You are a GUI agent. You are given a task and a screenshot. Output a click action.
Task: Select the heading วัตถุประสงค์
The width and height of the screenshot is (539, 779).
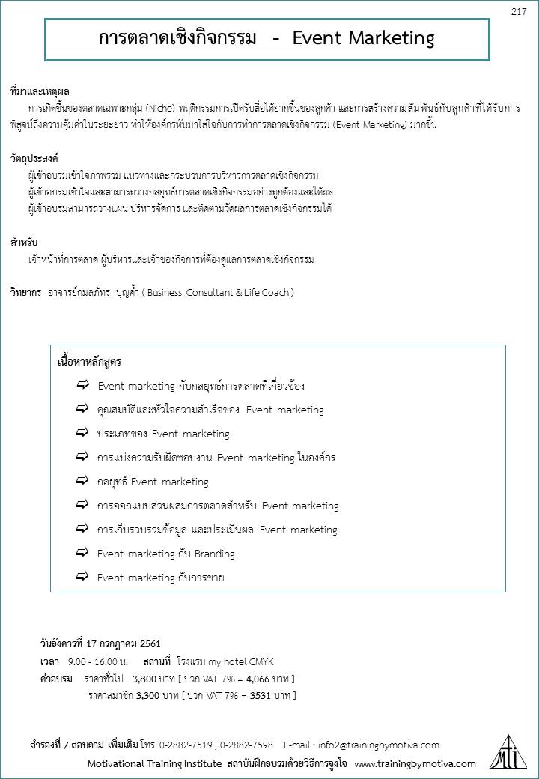34,159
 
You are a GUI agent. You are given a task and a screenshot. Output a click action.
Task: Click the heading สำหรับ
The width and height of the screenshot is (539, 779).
24,242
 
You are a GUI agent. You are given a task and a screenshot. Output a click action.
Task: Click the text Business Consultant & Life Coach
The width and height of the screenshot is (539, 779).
217,292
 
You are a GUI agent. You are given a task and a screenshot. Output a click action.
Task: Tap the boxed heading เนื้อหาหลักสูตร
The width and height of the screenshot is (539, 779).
89,362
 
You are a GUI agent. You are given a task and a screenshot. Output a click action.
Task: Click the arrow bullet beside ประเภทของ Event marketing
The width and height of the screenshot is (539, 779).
82,433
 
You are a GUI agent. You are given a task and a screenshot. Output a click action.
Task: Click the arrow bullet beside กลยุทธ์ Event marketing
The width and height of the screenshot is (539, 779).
82,481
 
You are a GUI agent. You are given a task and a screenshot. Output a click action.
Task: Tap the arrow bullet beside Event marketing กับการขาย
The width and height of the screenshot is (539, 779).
82,577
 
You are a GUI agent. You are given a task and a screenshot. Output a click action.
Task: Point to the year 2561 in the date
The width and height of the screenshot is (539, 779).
149,643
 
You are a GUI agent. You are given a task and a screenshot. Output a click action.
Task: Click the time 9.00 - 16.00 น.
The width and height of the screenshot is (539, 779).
98,661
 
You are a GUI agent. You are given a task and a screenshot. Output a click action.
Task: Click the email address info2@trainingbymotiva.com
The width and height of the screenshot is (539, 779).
379,745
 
